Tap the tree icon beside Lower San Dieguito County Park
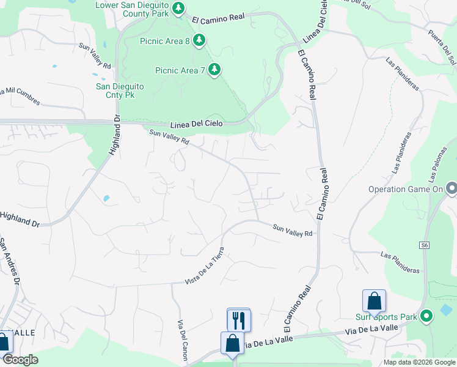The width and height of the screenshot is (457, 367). coord(178,8)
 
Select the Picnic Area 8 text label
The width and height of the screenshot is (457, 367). coord(165,41)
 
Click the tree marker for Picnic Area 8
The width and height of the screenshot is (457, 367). coord(199,40)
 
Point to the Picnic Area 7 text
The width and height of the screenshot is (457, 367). coord(180,70)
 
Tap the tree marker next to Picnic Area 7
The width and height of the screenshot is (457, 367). coord(214,70)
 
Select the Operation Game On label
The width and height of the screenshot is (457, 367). coord(404,189)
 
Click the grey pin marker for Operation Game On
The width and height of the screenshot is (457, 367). coord(451,188)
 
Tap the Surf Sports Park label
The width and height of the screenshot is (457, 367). coord(386,317)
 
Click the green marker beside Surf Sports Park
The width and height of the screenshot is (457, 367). coord(426,316)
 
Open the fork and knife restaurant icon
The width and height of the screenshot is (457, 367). coord(238,319)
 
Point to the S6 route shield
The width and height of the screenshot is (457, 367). coord(424,245)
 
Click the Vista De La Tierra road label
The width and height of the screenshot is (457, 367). coord(205,265)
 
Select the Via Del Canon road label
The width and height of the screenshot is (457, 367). coord(182,340)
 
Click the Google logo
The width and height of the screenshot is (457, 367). coord(20,360)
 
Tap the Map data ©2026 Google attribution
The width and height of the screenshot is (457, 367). coord(419,362)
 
